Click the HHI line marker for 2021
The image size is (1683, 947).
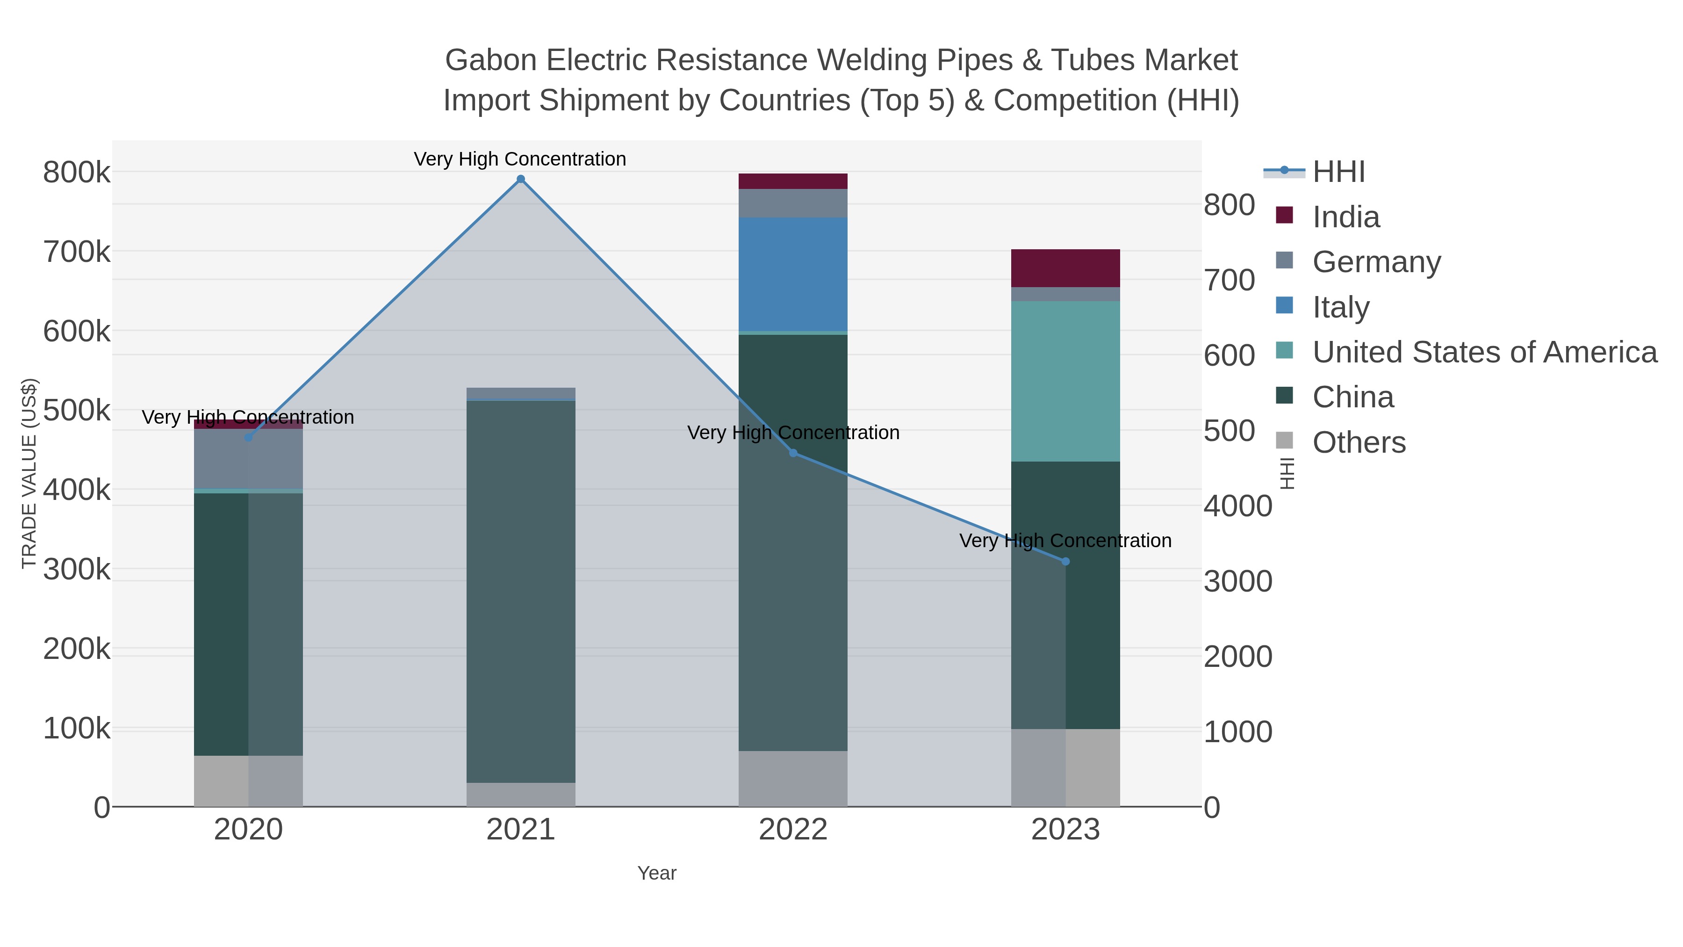(x=521, y=179)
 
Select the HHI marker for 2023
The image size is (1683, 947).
(x=1065, y=561)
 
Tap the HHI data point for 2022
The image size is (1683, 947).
(x=793, y=453)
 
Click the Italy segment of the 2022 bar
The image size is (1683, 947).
(x=793, y=275)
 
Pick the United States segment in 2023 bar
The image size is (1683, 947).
(x=1065, y=381)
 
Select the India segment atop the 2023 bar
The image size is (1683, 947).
(x=1065, y=268)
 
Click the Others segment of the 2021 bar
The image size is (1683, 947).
(x=521, y=794)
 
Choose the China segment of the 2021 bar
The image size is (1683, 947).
(x=521, y=588)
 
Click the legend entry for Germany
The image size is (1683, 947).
(x=1376, y=262)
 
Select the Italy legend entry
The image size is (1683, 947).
(x=1341, y=307)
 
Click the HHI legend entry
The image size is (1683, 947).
(x=1338, y=172)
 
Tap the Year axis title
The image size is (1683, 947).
(x=657, y=873)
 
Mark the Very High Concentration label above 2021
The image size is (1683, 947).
(x=520, y=159)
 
